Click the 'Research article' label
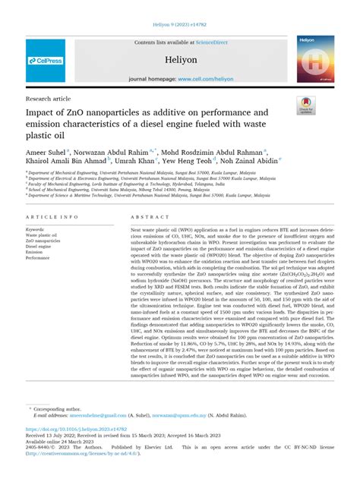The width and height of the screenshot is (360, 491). coord(49,99)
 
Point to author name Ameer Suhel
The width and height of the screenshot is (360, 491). coord(46,151)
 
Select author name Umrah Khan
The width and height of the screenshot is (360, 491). coord(135,161)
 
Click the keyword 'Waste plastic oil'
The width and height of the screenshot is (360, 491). coord(43,234)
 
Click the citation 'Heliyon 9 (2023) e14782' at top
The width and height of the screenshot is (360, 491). coord(180,26)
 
